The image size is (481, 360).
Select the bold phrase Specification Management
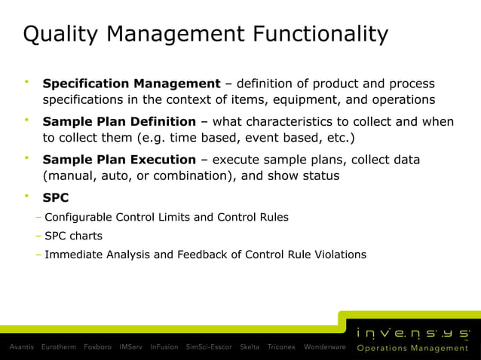(x=131, y=83)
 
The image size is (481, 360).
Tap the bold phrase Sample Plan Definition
(x=120, y=121)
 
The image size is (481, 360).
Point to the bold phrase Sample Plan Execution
(x=119, y=160)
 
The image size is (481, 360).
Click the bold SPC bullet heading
(x=56, y=198)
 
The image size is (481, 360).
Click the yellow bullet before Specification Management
(x=26, y=81)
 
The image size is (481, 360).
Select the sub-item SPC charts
(x=73, y=236)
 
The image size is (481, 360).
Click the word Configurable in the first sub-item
(x=78, y=217)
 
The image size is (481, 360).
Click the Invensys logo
(x=413, y=332)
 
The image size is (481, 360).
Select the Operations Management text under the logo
(x=412, y=349)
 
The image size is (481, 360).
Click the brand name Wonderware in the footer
(x=324, y=347)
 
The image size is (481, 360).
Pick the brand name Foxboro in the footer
(x=98, y=347)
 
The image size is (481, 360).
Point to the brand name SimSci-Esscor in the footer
(x=210, y=347)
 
